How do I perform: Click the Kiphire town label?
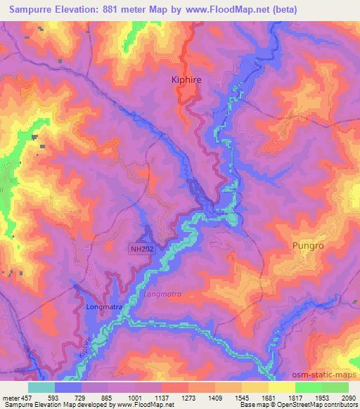[187, 81]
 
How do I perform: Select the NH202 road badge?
[141, 248]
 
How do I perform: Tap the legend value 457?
[27, 398]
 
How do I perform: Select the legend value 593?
[54, 398]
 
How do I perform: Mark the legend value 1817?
[296, 398]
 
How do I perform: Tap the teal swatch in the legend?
[41, 387]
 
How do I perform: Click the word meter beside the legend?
[11, 398]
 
